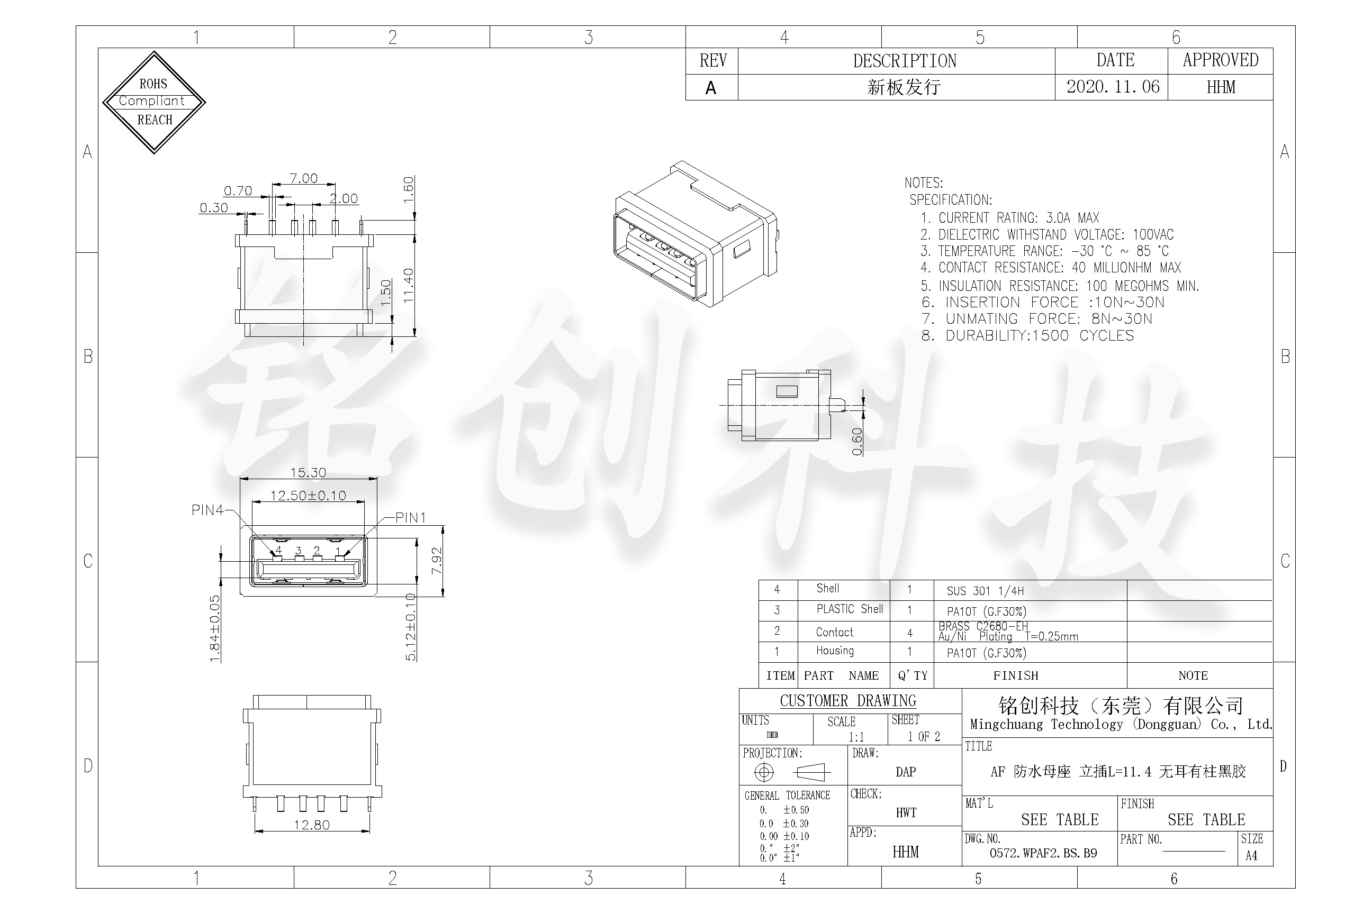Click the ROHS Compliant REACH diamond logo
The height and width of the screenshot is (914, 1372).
[154, 102]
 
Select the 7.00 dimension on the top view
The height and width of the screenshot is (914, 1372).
[303, 178]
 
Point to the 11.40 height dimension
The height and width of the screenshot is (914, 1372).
[408, 285]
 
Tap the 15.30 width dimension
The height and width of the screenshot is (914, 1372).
[308, 473]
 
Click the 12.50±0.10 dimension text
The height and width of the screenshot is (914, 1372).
[308, 496]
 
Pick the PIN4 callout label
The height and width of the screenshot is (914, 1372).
[207, 510]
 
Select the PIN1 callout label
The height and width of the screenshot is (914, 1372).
[411, 518]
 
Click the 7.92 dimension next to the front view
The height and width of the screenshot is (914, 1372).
[436, 561]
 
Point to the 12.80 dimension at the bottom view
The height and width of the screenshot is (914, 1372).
[311, 825]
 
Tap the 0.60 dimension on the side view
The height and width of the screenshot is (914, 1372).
[856, 442]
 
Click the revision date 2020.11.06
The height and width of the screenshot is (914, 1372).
[1113, 87]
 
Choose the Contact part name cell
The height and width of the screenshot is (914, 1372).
[834, 633]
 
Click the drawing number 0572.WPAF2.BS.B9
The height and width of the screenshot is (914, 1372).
[1043, 853]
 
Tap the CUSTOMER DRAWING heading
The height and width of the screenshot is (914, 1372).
[847, 701]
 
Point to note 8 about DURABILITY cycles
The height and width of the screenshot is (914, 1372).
[1028, 336]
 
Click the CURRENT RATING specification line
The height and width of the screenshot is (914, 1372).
[1010, 218]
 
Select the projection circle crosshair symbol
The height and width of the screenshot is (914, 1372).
[764, 772]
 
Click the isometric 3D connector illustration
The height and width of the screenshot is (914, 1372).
[696, 234]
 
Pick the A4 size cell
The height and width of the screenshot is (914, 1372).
[1251, 856]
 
